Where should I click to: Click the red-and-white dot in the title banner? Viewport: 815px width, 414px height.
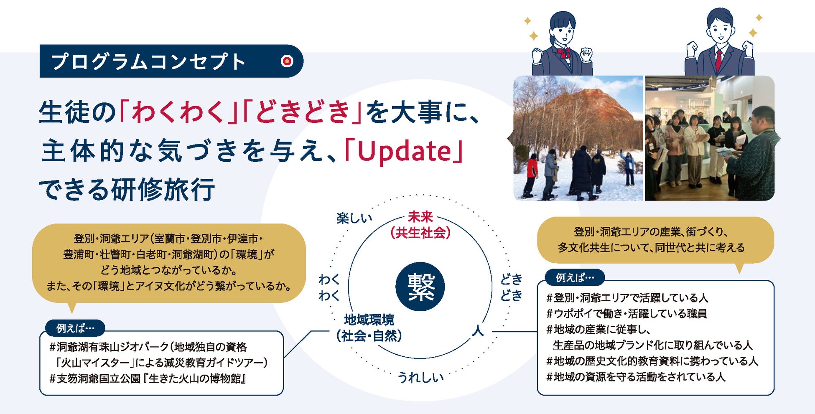pos(287,61)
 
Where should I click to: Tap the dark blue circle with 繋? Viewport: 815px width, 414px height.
pos(420,287)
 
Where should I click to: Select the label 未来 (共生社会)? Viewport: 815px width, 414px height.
pos(420,225)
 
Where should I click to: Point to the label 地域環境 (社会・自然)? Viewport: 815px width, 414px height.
pos(369,328)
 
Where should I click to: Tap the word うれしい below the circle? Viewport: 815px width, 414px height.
pos(420,377)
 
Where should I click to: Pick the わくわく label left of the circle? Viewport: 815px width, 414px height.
pos(329,287)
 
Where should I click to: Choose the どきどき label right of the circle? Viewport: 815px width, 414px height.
pos(512,287)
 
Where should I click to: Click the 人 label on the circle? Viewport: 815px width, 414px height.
pos(478,331)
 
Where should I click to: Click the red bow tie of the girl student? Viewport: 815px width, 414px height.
pos(564,52)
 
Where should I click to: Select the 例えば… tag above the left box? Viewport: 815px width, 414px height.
pos(75,328)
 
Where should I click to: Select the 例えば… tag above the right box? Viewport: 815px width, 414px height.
pos(575,277)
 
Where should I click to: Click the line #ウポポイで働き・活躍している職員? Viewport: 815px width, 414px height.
pos(627,313)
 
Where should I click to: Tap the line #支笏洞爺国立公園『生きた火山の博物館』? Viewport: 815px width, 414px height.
pos(148,378)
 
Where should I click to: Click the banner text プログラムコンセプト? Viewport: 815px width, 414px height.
pos(149,61)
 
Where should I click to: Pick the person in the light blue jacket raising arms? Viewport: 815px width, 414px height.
pos(628,168)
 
